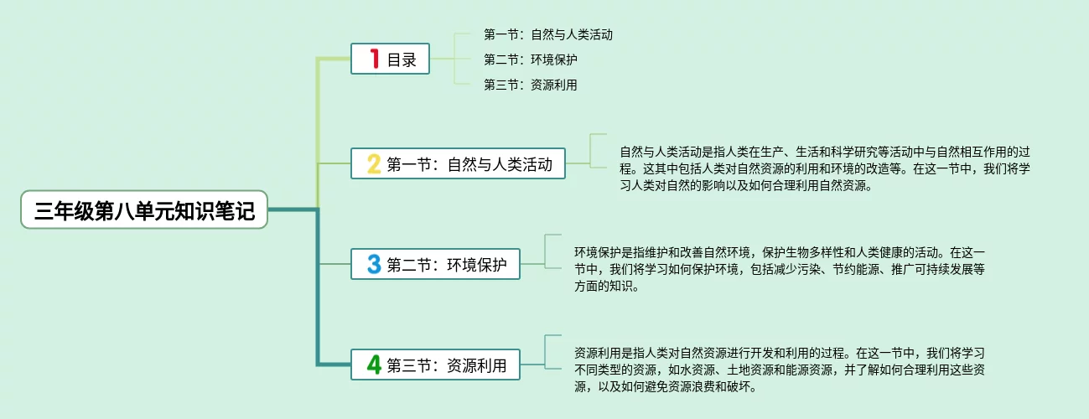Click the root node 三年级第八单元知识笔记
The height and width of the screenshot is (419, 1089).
144,209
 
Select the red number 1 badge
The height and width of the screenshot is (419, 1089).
375,59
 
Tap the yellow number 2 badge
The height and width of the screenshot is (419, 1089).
374,163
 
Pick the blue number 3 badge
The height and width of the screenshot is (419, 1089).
374,264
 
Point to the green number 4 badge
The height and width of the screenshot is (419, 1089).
374,365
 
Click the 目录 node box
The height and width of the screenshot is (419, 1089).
390,59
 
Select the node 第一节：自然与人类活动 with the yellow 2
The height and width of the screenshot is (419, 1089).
458,163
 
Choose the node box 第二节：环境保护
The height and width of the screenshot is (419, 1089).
435,264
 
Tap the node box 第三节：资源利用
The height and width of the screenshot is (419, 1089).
435,365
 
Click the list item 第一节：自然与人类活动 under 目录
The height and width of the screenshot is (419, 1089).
548,34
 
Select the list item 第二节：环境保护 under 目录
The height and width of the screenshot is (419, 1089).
530,59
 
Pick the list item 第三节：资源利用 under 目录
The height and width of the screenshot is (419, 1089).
530,85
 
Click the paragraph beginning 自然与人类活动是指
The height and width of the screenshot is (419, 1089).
825,168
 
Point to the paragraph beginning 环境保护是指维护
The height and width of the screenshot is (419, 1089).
780,269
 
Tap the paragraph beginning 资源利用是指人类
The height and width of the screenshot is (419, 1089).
780,370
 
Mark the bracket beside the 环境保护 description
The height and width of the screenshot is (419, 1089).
546,251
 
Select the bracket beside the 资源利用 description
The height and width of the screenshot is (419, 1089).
546,352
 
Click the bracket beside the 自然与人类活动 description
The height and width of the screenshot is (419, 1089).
591,151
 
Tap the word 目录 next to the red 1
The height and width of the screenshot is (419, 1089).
402,59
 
